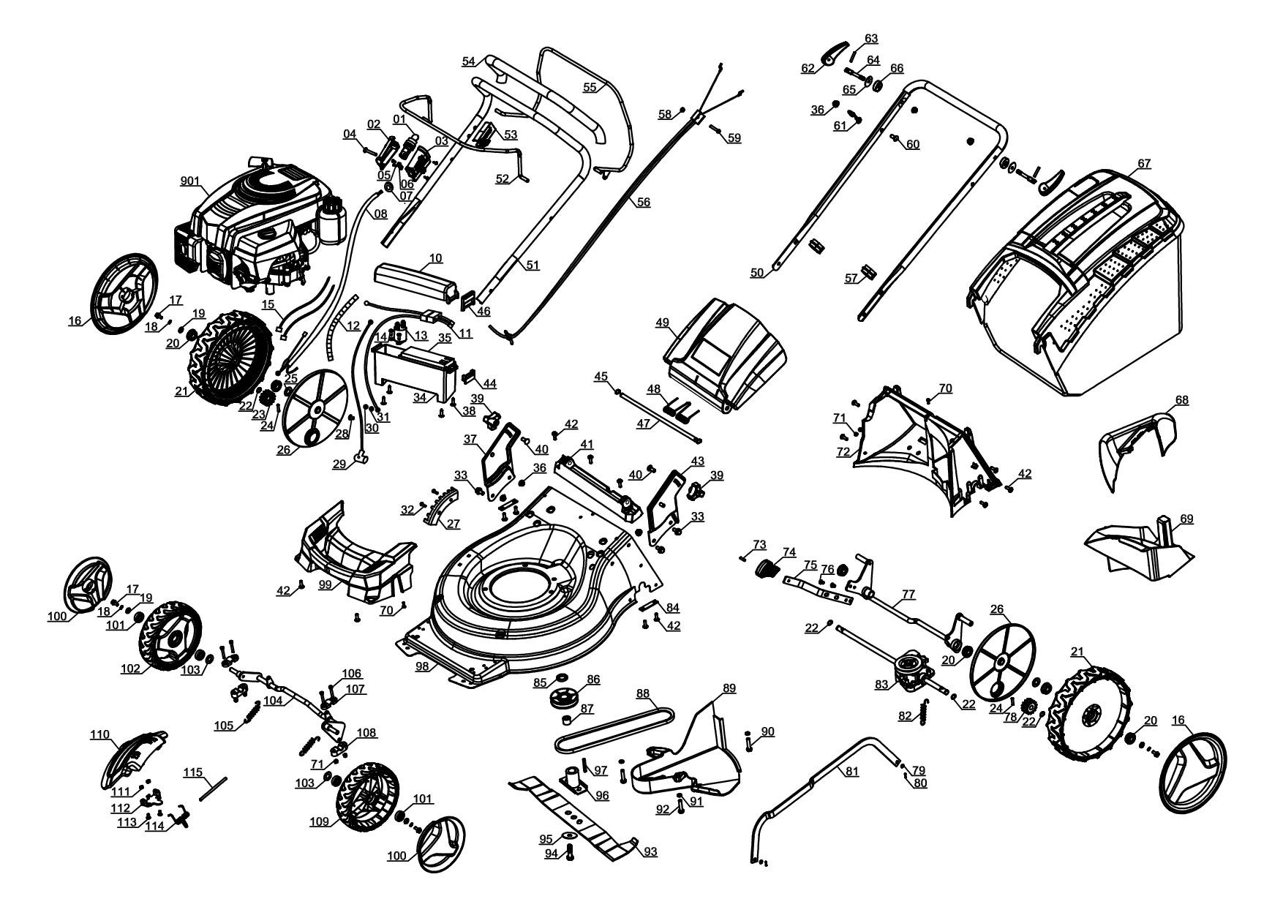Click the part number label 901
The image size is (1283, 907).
pyautogui.click(x=190, y=181)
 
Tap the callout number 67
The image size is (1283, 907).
pyautogui.click(x=1144, y=164)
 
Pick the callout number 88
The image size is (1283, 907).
pyautogui.click(x=642, y=693)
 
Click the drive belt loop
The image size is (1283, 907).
pyautogui.click(x=614, y=728)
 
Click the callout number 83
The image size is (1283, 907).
pyautogui.click(x=881, y=684)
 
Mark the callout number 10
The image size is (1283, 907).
pyautogui.click(x=436, y=258)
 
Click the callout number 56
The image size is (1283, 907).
pyautogui.click(x=642, y=203)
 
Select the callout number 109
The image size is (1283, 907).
pyautogui.click(x=319, y=821)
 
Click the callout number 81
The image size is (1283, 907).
pyautogui.click(x=851, y=771)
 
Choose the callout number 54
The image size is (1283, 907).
pyautogui.click(x=468, y=61)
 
